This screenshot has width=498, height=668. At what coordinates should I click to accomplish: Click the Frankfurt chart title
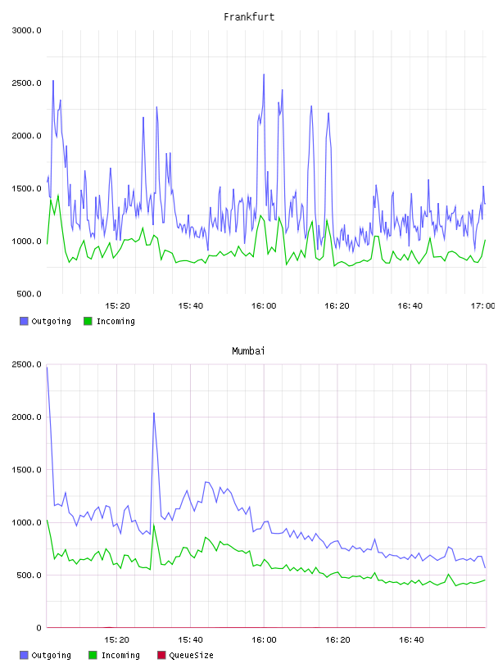click(249, 16)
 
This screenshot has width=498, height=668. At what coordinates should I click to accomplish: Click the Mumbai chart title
click(248, 350)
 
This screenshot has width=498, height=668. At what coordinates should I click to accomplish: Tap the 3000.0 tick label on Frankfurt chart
click(26, 30)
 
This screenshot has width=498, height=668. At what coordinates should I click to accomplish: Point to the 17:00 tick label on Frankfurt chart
click(483, 305)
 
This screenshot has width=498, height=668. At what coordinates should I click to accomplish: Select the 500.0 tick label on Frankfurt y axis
click(29, 294)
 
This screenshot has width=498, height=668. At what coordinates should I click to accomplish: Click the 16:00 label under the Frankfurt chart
click(264, 305)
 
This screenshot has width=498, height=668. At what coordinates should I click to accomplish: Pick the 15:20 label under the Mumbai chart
click(116, 639)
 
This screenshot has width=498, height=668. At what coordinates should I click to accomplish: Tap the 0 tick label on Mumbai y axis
click(38, 628)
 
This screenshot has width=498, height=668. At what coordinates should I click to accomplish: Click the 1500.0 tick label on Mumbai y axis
click(26, 469)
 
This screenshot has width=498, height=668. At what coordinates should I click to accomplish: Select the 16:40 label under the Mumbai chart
click(411, 639)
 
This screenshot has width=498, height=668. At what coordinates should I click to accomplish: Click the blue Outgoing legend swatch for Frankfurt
click(24, 321)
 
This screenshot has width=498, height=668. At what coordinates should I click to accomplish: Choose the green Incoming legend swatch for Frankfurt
click(88, 321)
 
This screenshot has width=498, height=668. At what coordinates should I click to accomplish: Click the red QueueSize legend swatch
click(161, 655)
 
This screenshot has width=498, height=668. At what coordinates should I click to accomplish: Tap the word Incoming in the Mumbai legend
click(120, 655)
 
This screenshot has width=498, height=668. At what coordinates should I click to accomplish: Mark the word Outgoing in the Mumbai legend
click(51, 655)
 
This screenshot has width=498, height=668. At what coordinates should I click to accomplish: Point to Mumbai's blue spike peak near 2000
click(154, 413)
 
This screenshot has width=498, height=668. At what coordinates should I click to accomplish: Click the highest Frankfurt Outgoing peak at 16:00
click(264, 74)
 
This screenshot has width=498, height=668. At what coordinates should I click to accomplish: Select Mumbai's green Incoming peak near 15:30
click(154, 525)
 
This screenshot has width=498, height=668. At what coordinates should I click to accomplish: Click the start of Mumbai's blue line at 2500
click(47, 367)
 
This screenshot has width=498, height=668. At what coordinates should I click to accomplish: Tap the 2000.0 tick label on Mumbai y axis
click(26, 417)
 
